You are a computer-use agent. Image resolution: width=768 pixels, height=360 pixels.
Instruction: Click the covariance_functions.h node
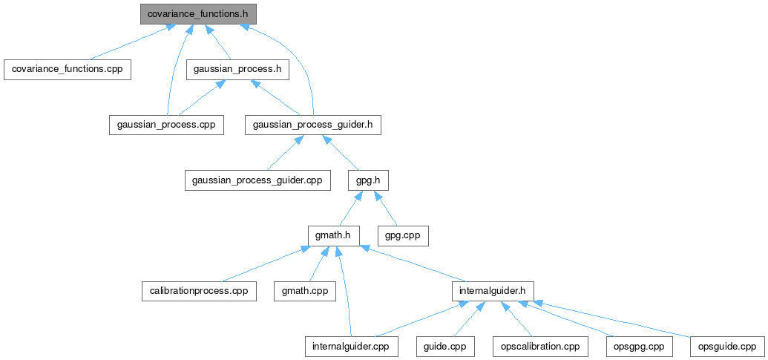pyautogui.click(x=197, y=14)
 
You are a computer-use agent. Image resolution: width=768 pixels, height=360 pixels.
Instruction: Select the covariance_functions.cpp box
pyautogui.click(x=68, y=69)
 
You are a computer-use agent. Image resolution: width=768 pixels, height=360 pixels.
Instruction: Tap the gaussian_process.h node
pyautogui.click(x=237, y=69)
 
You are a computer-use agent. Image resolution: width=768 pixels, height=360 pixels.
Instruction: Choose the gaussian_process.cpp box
pyautogui.click(x=166, y=125)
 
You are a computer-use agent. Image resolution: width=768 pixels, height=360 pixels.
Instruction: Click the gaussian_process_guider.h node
pyautogui.click(x=312, y=125)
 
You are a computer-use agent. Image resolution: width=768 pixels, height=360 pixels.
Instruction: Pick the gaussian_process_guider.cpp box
pyautogui.click(x=257, y=180)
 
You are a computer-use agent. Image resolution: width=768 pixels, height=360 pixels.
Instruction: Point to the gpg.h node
pyautogui.click(x=368, y=180)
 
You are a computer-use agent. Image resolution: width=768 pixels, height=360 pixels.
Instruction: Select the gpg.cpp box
pyautogui.click(x=403, y=236)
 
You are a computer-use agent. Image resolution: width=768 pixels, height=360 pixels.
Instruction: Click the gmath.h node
pyautogui.click(x=334, y=236)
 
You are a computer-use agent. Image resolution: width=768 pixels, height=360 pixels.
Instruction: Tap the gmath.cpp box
pyautogui.click(x=304, y=291)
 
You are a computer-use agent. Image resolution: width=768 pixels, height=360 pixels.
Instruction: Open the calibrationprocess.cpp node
pyautogui.click(x=199, y=291)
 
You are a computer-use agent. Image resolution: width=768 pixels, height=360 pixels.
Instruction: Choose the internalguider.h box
pyautogui.click(x=493, y=291)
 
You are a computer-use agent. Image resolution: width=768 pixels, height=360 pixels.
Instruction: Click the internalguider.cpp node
pyautogui.click(x=351, y=347)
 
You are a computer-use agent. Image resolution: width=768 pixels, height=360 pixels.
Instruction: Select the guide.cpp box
pyautogui.click(x=445, y=347)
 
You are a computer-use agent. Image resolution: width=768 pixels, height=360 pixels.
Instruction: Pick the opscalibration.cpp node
pyautogui.click(x=540, y=347)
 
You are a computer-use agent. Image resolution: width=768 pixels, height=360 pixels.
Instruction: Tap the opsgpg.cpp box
pyautogui.click(x=640, y=347)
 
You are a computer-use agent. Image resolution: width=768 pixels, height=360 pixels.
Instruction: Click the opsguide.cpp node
pyautogui.click(x=727, y=347)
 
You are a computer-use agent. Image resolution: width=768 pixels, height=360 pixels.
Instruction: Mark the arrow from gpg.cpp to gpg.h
pyautogui.click(x=387, y=209)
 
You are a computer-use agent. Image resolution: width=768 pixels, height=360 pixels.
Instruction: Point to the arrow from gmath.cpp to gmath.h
pyautogui.click(x=317, y=265)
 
